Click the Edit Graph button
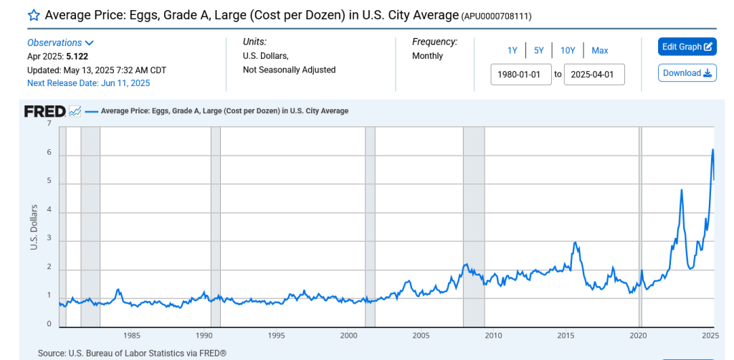687,47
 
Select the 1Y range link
513,50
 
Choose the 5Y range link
539,50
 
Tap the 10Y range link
568,50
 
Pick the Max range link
600,50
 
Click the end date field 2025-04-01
594,74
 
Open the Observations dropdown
61,42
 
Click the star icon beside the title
33,15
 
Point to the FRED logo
45,111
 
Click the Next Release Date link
88,83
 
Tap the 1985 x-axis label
131,335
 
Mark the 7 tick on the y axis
49,123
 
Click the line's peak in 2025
712,149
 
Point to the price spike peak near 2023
681,189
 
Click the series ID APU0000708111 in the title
495,16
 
